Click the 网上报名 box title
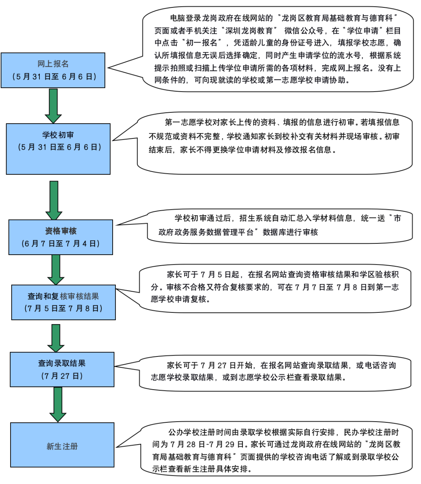(x=53, y=64)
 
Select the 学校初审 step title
(x=58, y=135)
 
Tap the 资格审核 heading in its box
(x=61, y=231)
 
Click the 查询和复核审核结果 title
(x=63, y=296)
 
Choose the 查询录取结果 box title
(x=62, y=363)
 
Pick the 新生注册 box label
(x=62, y=446)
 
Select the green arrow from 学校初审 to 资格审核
(x=54, y=200)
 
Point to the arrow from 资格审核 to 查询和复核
(x=56, y=269)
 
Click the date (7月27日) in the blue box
(x=62, y=376)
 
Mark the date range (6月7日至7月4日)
(x=60, y=244)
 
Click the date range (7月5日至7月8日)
(x=63, y=308)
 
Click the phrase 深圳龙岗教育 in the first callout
(x=249, y=30)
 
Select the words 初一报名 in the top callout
(x=202, y=43)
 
